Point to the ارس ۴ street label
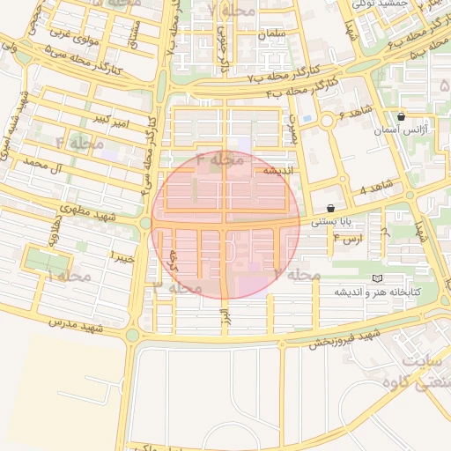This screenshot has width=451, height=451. pyautogui.click(x=350, y=239)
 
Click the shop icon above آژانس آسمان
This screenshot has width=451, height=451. pyautogui.click(x=402, y=116)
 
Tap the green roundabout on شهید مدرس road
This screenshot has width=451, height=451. pyautogui.click(x=133, y=335)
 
